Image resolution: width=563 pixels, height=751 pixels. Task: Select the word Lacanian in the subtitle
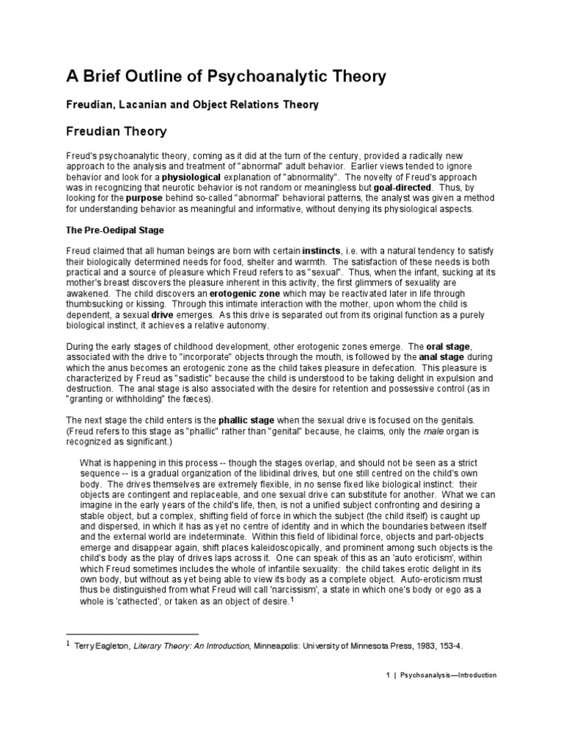click(x=142, y=105)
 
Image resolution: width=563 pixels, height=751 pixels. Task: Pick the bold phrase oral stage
click(x=453, y=345)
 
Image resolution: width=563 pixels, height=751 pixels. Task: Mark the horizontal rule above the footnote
click(x=132, y=634)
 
